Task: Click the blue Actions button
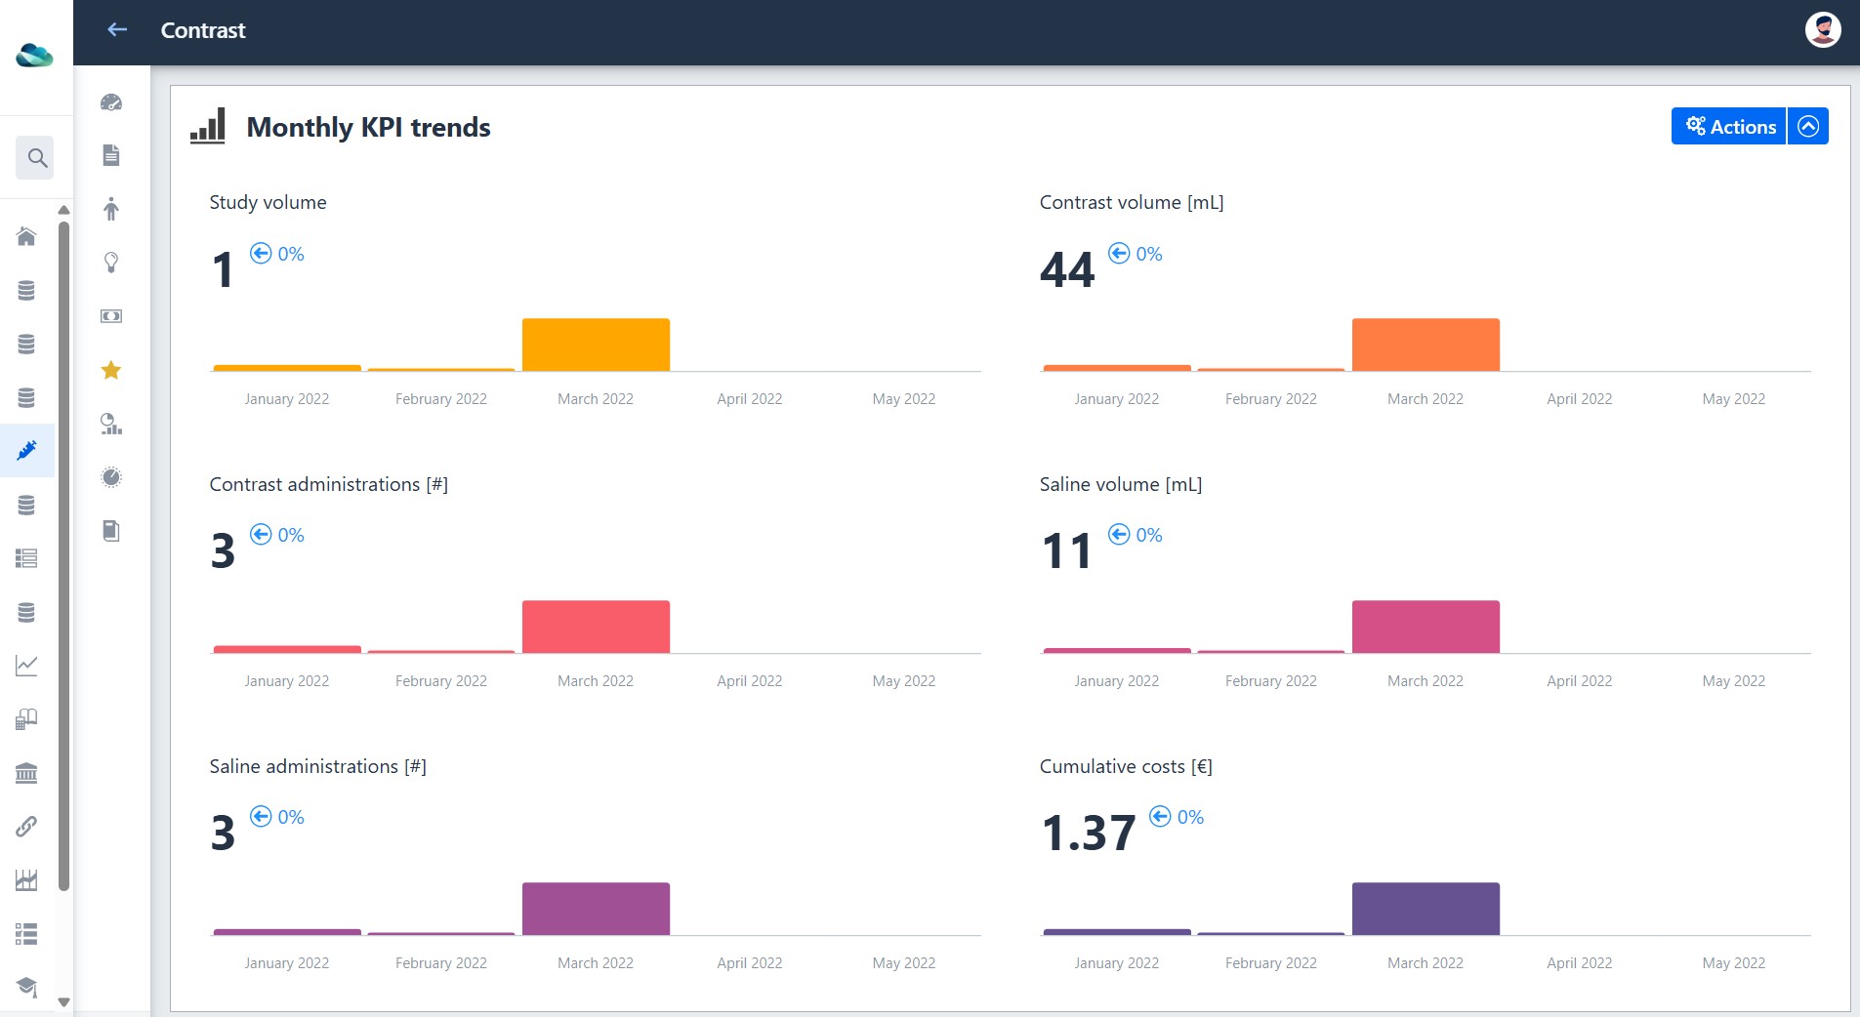tap(1729, 126)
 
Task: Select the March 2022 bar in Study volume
tap(596, 345)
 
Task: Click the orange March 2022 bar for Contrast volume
tap(1426, 345)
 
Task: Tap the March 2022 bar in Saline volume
tap(1426, 627)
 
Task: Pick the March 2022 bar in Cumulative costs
tap(1426, 909)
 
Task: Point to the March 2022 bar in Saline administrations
tap(596, 909)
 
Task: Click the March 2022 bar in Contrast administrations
tap(596, 627)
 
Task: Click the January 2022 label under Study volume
tap(287, 399)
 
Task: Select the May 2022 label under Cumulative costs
tap(1734, 963)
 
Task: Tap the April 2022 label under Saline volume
tap(1580, 681)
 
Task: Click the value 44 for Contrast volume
tap(1067, 270)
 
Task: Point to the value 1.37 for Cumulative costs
tap(1089, 834)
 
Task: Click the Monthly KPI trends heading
tap(368, 127)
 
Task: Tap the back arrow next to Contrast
tap(117, 30)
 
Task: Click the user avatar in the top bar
tap(1822, 30)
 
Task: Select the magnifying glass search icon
tap(37, 157)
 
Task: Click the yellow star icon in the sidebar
tap(111, 370)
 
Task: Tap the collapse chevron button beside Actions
tap(1808, 126)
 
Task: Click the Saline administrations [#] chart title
tap(318, 767)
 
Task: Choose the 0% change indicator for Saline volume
tap(1136, 535)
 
